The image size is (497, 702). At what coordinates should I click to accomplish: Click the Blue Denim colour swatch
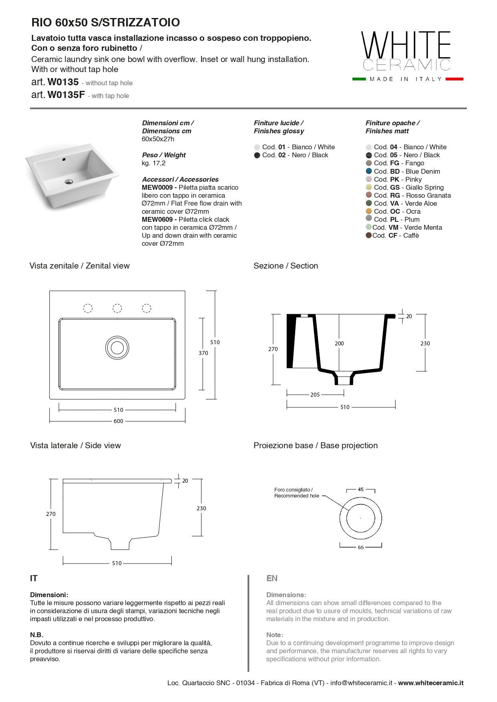[369, 171]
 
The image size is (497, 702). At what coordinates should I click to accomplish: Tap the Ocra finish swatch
[369, 211]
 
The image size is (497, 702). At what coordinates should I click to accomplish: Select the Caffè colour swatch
[368, 235]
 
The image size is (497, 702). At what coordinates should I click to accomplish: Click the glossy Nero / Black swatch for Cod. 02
[257, 155]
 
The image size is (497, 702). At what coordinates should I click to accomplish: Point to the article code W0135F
[66, 95]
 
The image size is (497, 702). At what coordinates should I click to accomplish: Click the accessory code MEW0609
[157, 219]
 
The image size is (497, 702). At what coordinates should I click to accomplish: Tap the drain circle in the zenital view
[117, 347]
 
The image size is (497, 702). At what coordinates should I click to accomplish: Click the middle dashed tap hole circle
[117, 308]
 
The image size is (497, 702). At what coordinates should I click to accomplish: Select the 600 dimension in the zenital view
[119, 421]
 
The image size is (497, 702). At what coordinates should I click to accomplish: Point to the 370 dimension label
[203, 353]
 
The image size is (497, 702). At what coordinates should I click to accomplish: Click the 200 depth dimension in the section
[339, 343]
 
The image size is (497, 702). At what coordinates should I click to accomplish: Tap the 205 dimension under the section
[315, 395]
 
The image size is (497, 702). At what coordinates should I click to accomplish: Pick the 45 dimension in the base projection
[361, 489]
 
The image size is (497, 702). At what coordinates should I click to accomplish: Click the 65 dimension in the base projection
[361, 547]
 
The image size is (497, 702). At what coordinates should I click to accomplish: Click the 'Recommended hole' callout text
[297, 496]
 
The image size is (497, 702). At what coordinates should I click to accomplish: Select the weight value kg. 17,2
[154, 163]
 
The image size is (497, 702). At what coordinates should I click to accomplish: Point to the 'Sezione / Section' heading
[286, 266]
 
